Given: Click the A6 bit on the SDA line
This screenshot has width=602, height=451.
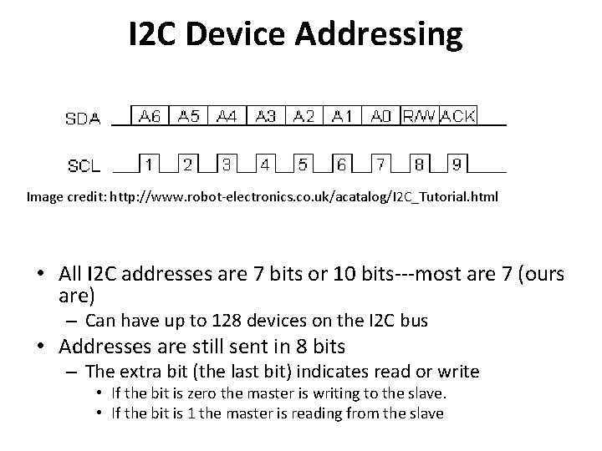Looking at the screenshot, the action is tap(150, 116).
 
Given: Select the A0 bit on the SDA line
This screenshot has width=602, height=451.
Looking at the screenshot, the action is tap(381, 116).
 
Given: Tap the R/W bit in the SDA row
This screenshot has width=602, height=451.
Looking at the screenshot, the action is tap(419, 116).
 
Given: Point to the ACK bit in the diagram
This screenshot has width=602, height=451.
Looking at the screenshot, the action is tap(457, 116).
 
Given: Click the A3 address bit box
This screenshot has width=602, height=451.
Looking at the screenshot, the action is tap(266, 116).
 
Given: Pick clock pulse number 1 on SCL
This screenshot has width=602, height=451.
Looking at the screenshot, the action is tap(149, 165).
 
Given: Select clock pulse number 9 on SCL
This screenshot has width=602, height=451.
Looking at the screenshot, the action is tap(457, 165).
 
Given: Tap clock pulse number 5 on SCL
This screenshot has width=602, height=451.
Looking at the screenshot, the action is tap(303, 165).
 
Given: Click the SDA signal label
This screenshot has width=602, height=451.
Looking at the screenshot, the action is tap(83, 119).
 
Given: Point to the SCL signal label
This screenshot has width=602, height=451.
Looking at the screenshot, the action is tap(83, 166).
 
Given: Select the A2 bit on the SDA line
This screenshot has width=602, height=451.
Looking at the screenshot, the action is tap(304, 116).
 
